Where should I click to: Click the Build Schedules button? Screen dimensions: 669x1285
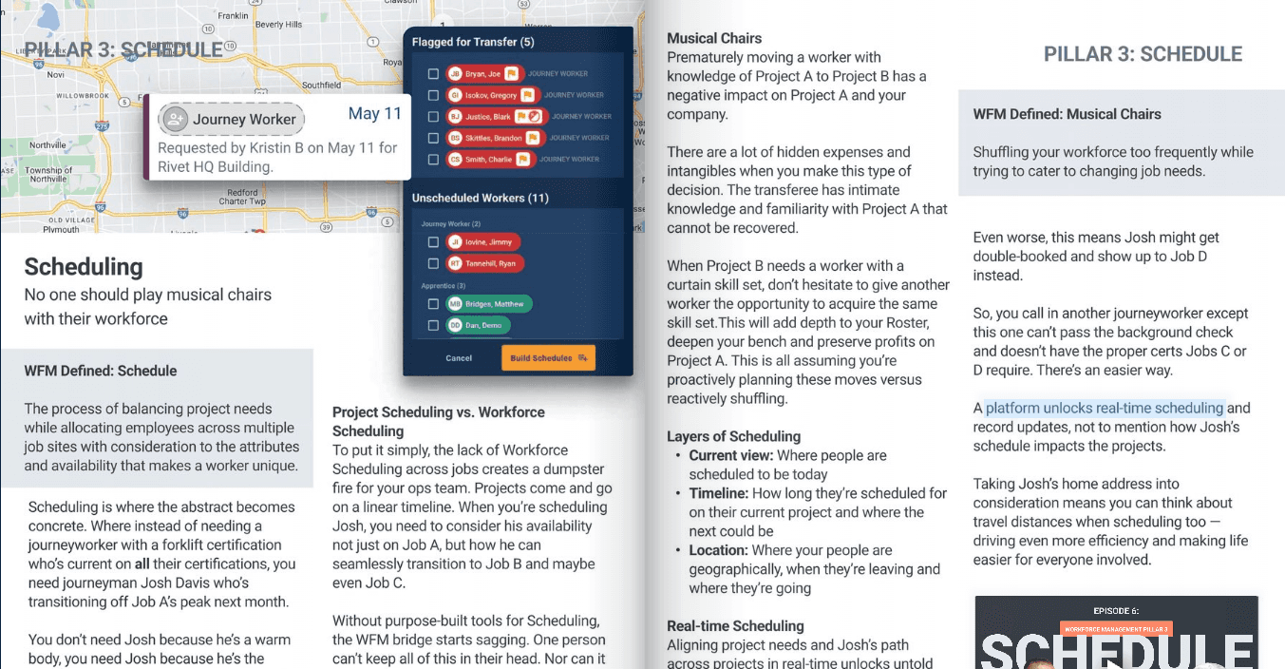(x=548, y=357)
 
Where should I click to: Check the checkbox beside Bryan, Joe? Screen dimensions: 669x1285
(x=433, y=73)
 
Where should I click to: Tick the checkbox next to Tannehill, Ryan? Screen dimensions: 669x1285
(x=433, y=263)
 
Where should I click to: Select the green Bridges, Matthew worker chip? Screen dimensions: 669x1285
(x=490, y=304)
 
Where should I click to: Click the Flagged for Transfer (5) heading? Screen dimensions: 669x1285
(x=473, y=42)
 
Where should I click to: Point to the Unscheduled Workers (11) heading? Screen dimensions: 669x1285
(x=480, y=198)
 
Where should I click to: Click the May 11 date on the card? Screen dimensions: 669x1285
(x=374, y=114)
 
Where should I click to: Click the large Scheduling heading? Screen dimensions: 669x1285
(x=84, y=266)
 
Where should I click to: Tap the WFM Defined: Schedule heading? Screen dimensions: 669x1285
(x=101, y=371)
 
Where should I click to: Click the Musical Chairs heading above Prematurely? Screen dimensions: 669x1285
(x=714, y=38)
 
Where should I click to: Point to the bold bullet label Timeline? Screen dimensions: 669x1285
(x=719, y=493)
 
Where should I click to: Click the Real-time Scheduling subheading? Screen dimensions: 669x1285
(x=735, y=625)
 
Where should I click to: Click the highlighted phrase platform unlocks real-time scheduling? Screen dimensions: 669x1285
(x=1105, y=408)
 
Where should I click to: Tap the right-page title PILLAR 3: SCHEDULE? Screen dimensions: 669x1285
(x=1143, y=54)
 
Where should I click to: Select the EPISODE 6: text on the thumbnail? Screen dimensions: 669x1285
(x=1115, y=610)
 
